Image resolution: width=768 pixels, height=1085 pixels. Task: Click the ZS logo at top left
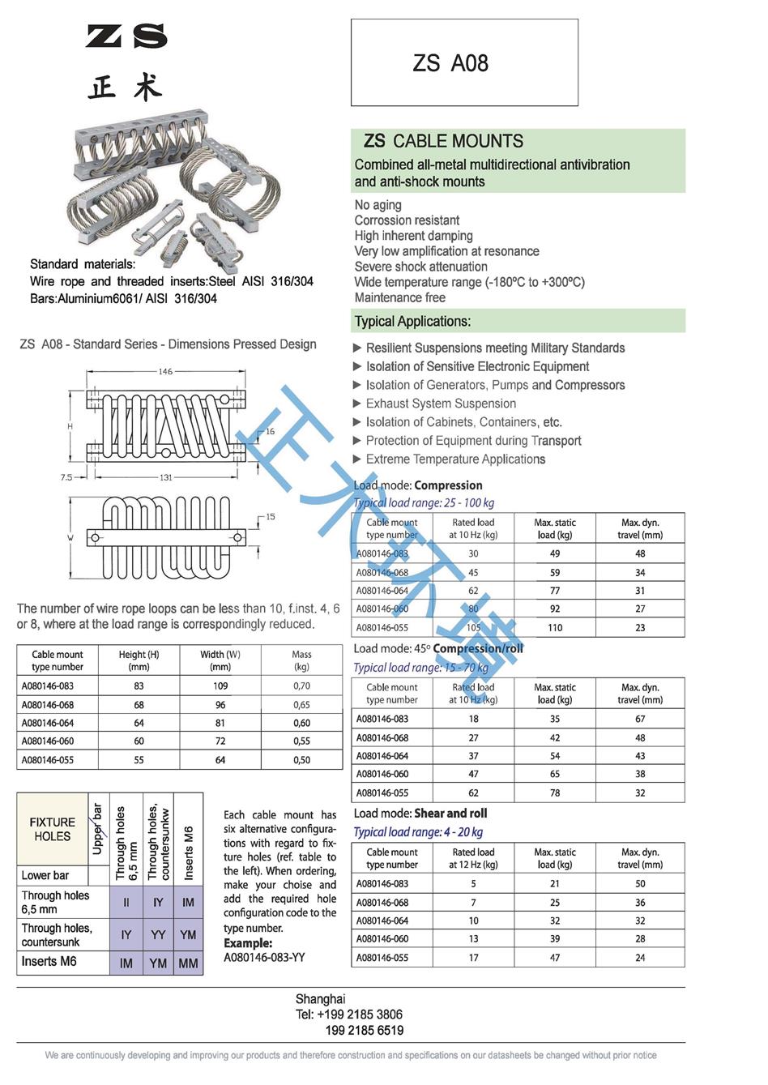pos(126,36)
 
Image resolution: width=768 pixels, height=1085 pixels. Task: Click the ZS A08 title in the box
pos(450,63)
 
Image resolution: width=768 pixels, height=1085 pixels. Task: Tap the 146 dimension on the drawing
pos(165,371)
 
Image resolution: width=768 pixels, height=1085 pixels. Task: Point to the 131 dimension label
pos(165,477)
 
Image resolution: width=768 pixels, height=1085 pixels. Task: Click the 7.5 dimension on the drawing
pos(66,477)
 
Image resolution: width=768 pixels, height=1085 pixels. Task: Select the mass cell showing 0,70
pos(301,686)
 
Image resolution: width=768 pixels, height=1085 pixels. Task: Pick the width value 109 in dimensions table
pos(220,686)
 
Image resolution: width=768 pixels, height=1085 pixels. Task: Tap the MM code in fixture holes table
pos(188,963)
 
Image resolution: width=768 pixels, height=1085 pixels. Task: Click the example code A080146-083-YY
pos(264,957)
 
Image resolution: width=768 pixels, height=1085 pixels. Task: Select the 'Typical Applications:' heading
pos(412,321)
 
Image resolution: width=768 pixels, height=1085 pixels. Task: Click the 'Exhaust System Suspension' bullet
pos(441,404)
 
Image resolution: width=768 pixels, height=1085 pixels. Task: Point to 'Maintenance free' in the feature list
pos(400,297)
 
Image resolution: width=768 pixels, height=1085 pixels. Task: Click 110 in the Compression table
pos(555,627)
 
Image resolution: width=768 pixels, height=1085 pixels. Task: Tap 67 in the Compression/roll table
pos(640,719)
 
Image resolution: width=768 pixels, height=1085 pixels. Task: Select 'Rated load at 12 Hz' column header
pos(473,858)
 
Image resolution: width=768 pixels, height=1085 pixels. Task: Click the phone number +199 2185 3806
pos(349,1015)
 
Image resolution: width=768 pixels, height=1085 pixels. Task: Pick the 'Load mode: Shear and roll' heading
pos(420,814)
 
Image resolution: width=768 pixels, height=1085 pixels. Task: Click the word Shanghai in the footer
pos(320,999)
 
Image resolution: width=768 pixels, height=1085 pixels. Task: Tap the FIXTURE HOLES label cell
pos(52,829)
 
